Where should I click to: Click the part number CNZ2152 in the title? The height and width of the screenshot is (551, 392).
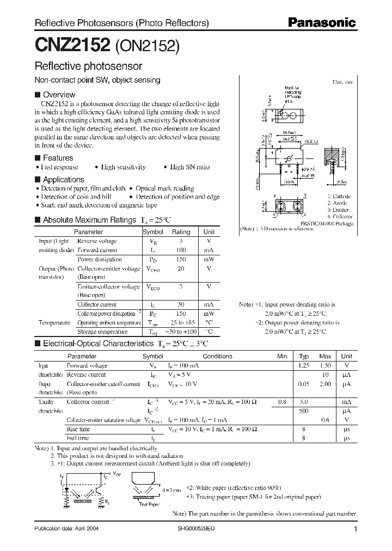pyautogui.click(x=73, y=45)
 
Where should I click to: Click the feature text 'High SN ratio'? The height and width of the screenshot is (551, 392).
pyautogui.click(x=189, y=167)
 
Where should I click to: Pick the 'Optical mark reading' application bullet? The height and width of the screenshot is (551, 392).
pyautogui.click(x=164, y=188)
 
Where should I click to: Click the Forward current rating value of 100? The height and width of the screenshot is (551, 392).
pyautogui.click(x=181, y=250)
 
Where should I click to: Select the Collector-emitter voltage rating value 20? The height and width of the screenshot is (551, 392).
pyautogui.click(x=181, y=268)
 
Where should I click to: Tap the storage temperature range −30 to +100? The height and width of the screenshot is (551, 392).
pyautogui.click(x=181, y=332)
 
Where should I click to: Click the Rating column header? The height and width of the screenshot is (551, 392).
pyautogui.click(x=181, y=231)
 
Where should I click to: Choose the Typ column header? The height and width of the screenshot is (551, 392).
pyautogui.click(x=304, y=356)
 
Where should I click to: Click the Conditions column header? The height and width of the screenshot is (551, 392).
pyautogui.click(x=217, y=356)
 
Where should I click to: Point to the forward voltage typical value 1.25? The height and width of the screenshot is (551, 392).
pyautogui.click(x=304, y=366)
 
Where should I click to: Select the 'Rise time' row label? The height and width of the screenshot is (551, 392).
pyautogui.click(x=78, y=430)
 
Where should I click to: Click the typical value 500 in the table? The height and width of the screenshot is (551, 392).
pyautogui.click(x=304, y=411)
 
